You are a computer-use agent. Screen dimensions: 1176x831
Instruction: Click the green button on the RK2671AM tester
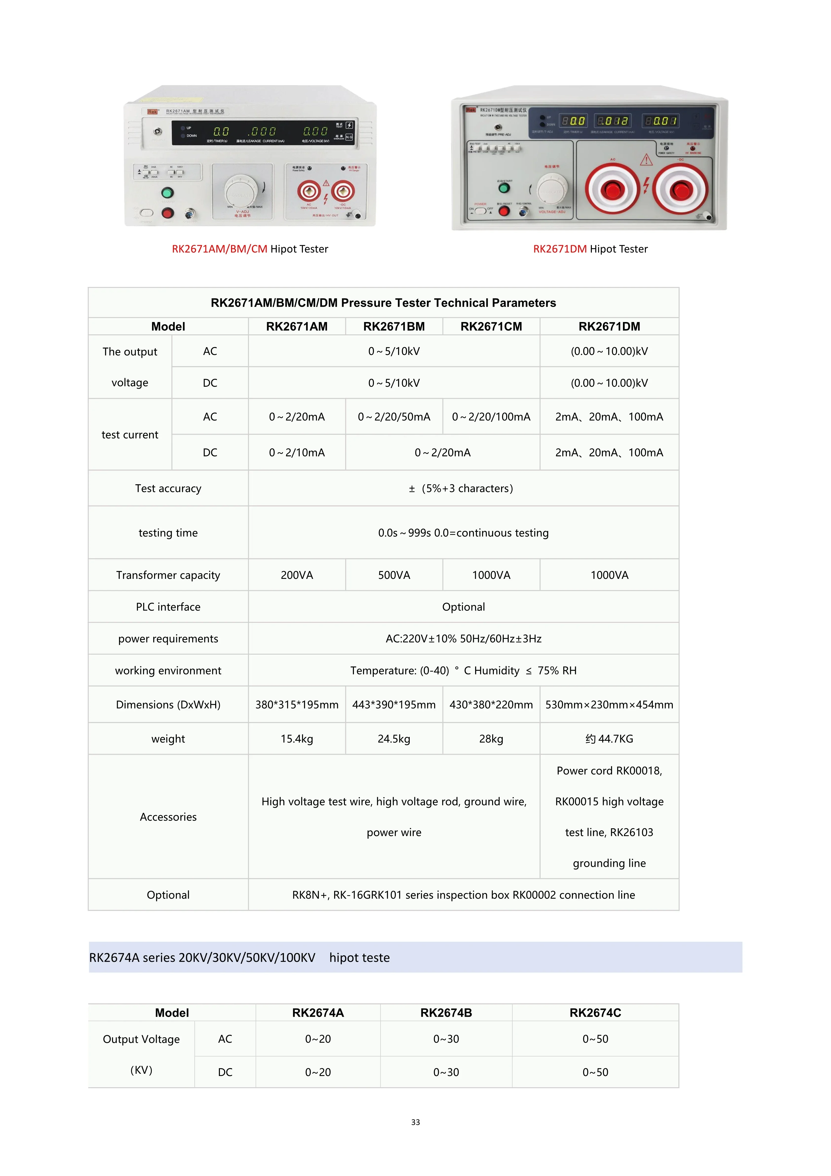[x=167, y=193]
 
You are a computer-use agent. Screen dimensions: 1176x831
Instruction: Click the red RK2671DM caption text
[x=560, y=249]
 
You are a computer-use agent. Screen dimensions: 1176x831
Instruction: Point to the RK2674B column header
[x=446, y=1013]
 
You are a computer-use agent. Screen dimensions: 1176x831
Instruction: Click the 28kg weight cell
[x=491, y=739]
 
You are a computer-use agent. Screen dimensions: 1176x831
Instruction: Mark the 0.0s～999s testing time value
[x=463, y=533]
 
